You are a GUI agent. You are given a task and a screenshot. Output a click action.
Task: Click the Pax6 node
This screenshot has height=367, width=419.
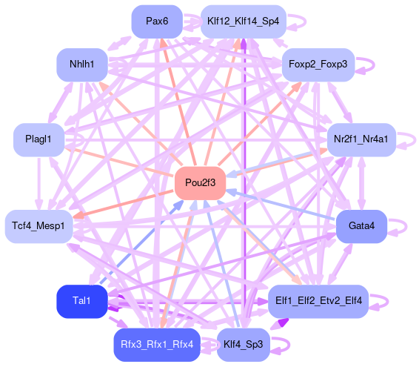(157, 22)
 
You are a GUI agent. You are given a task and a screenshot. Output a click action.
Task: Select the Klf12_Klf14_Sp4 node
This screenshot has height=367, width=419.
(244, 22)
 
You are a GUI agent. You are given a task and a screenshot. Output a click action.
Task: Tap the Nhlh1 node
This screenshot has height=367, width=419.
(82, 65)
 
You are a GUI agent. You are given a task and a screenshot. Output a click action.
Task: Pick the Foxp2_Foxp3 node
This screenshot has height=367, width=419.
(318, 65)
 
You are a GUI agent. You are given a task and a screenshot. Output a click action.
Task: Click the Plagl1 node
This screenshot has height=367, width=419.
(38, 139)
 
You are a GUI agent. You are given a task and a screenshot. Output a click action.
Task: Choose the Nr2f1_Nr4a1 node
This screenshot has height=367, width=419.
(361, 139)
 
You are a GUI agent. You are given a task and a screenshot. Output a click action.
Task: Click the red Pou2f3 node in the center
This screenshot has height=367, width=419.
(200, 183)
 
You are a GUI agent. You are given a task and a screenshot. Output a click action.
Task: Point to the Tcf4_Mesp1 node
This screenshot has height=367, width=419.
(38, 226)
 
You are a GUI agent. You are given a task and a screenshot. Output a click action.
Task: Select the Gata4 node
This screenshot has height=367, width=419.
(361, 226)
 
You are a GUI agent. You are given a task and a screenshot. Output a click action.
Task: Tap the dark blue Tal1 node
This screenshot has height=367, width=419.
(82, 302)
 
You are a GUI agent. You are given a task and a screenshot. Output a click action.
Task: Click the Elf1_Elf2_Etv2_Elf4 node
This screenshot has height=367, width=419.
(318, 302)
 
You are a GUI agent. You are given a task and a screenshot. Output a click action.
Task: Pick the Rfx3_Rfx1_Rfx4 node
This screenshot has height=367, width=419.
(157, 345)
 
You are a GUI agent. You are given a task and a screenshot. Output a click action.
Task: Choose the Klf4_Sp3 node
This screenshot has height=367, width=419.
(244, 345)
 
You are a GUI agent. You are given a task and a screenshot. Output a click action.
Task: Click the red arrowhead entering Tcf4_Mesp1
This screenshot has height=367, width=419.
(78, 215)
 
